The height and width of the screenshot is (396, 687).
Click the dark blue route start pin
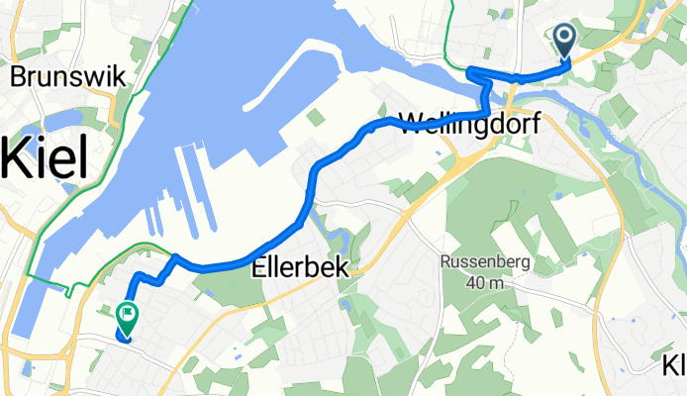(565, 41)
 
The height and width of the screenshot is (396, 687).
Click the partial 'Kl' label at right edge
(674, 367)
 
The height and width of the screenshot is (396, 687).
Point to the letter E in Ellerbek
(259, 266)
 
